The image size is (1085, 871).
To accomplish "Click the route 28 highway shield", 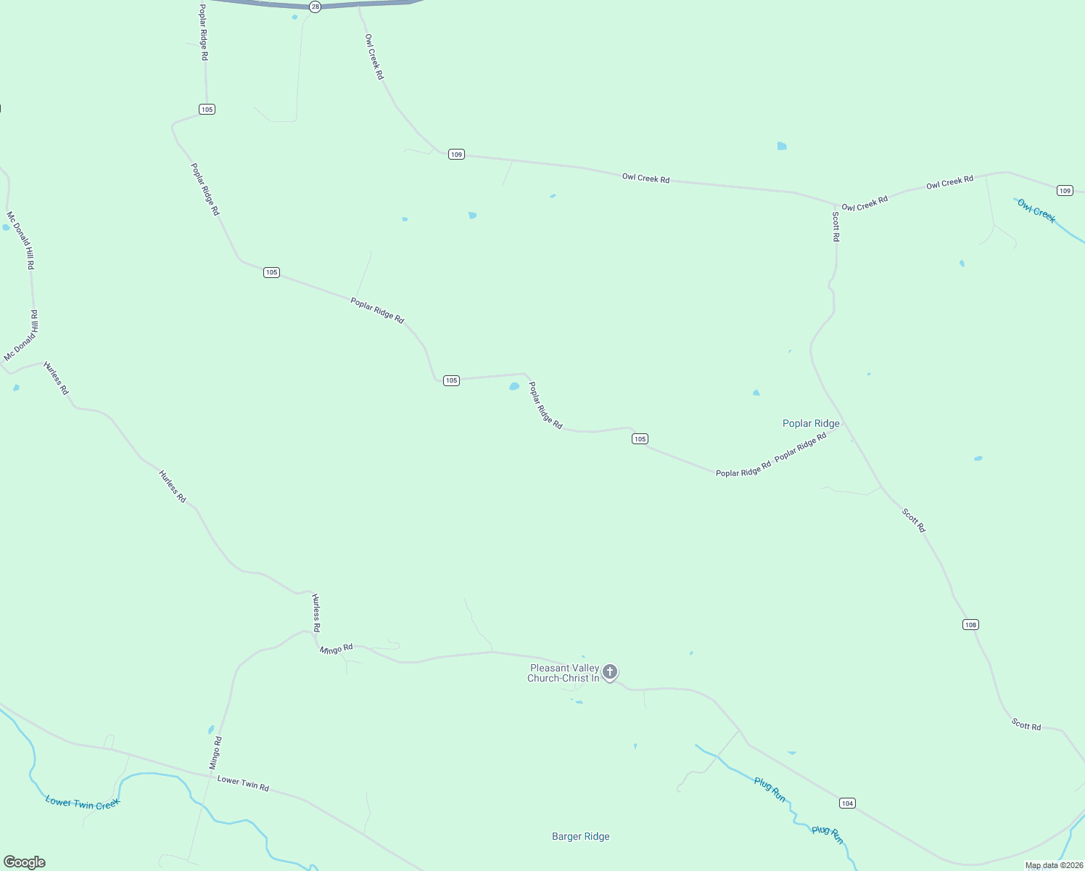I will [315, 7].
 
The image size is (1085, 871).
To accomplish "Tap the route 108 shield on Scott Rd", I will [970, 625].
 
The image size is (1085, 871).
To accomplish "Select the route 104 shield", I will [847, 803].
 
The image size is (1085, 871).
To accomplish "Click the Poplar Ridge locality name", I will [811, 424].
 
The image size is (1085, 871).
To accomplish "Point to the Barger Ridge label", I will [580, 837].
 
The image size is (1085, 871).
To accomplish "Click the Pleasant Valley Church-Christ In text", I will [564, 674].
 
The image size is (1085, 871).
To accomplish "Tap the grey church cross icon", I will [610, 672].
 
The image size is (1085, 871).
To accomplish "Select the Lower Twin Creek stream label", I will [82, 803].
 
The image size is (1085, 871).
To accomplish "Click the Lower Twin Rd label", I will [243, 784].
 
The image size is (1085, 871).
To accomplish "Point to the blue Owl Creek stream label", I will [1036, 211].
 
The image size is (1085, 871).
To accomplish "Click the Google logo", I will [25, 862].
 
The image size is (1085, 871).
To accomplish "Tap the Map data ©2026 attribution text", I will [1054, 865].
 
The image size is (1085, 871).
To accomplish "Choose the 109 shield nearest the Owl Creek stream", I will [1064, 191].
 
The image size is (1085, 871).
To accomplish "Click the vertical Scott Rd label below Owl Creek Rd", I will [836, 226].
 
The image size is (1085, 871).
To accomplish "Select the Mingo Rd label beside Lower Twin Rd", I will [215, 753].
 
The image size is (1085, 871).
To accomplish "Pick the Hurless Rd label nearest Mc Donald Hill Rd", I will [56, 378].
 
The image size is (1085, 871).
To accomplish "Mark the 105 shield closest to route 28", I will [207, 110].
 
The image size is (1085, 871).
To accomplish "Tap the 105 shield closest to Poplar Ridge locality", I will [639, 439].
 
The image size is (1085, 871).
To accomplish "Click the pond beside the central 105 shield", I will [514, 387].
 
